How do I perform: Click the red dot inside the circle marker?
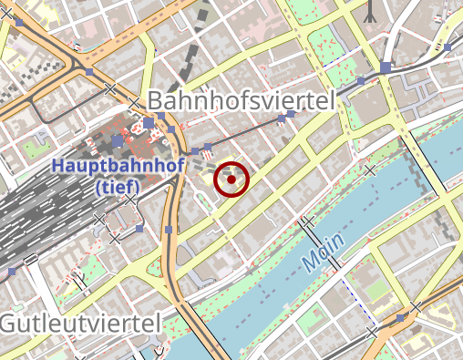(x=231, y=180)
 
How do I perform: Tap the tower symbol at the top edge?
(x=371, y=11)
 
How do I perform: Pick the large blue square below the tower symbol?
(x=386, y=67)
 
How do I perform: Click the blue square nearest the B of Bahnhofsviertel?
(x=149, y=122)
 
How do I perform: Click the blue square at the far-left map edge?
(x=12, y=272)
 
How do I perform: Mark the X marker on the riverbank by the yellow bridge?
(x=369, y=170)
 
